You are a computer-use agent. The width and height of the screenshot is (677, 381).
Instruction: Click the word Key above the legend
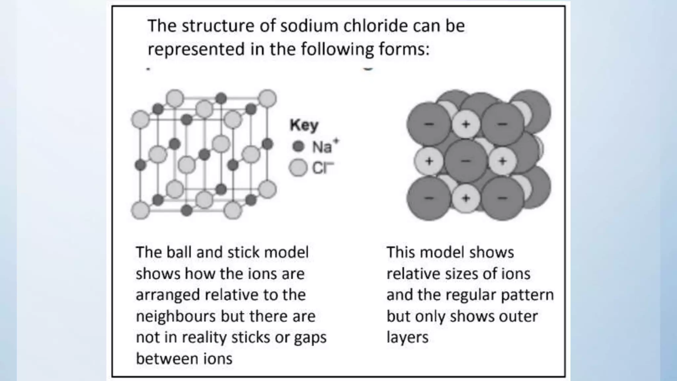pos(304,125)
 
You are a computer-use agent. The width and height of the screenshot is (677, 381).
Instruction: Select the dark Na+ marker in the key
pos(299,146)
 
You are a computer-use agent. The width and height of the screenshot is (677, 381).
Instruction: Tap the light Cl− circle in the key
pos(298,168)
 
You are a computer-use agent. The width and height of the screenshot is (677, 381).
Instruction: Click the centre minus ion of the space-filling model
pos(465,161)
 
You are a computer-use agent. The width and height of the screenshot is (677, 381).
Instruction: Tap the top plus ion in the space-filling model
pos(466,124)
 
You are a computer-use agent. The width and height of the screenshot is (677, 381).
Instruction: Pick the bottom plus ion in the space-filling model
pos(466,198)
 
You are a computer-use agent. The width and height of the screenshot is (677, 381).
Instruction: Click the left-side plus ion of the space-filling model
pos(429,161)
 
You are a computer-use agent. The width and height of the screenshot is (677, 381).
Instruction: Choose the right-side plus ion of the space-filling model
pos(502,161)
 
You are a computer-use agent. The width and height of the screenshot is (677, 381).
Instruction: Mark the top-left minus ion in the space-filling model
pos(429,124)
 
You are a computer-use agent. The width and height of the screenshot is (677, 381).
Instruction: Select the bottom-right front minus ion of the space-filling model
pos(502,198)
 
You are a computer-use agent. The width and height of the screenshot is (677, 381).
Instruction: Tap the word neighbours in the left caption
pos(176,316)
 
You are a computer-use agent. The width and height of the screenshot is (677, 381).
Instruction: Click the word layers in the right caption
pos(407,337)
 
